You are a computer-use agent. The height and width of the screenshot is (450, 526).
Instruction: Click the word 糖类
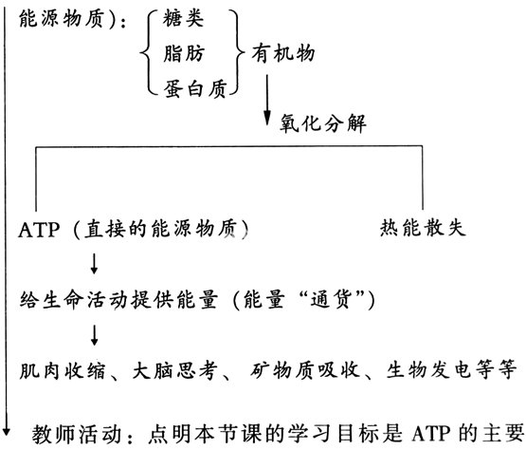point(183,18)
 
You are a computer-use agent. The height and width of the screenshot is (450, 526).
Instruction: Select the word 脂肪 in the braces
point(184,53)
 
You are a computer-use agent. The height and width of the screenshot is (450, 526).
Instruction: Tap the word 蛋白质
point(195,88)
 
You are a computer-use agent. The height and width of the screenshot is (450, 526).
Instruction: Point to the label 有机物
point(283,53)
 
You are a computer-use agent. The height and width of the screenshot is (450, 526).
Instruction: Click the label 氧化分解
point(323,123)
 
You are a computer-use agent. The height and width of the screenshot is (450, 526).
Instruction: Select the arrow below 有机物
point(267,100)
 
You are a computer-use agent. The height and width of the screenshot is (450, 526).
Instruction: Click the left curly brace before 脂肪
point(148,53)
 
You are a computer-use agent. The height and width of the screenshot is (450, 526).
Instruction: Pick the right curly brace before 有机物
point(237,53)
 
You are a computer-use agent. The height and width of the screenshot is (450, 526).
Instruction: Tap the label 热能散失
point(423,228)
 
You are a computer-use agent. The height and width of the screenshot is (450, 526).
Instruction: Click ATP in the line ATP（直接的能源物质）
point(39,230)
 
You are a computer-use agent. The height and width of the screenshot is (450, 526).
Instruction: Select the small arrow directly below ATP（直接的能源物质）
point(94,264)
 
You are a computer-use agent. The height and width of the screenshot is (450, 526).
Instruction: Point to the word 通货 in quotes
point(331,299)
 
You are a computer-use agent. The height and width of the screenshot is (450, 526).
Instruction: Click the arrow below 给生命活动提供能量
point(94,335)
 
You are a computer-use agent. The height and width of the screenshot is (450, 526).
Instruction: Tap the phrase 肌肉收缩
point(63,370)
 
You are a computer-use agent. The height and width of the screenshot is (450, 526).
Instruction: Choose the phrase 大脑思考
point(174,370)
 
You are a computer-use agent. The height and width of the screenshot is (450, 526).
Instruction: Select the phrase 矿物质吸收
point(304,370)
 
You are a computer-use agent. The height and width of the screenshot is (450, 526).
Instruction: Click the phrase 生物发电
point(429,369)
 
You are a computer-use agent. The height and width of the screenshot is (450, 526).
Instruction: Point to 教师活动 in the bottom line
point(76,434)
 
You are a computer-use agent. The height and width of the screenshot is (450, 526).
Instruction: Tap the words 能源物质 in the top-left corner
point(62,18)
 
